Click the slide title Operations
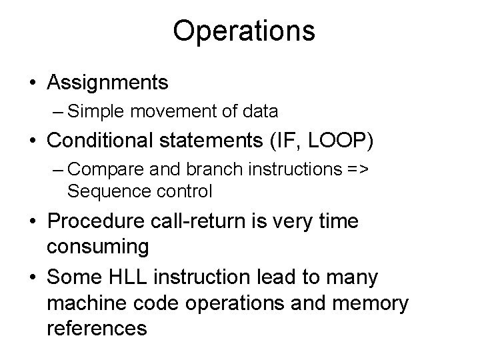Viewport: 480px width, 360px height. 244,31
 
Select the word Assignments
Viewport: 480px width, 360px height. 107,83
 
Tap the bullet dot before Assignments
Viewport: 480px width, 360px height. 32,83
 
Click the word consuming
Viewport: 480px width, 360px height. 98,247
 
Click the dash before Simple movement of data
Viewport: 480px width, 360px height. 58,111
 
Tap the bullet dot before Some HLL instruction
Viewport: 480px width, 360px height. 32,277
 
